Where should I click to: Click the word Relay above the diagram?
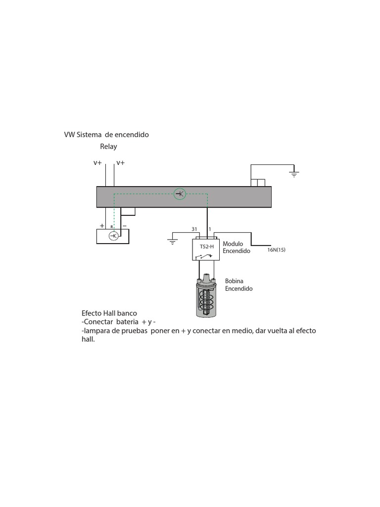108,147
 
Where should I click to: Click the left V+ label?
97,163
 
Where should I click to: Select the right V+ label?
120,163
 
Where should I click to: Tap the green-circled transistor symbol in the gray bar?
180,194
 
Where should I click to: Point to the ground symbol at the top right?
294,174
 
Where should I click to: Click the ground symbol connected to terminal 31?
172,242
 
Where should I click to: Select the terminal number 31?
194,229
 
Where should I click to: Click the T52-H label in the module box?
207,246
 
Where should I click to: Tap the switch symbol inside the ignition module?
206,256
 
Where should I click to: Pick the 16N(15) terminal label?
276,250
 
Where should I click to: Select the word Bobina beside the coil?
235,281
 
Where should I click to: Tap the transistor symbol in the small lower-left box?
113,236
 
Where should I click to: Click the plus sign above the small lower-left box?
102,225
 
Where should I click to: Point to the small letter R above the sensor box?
112,226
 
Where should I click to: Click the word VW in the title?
69,135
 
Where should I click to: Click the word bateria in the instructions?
127,322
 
